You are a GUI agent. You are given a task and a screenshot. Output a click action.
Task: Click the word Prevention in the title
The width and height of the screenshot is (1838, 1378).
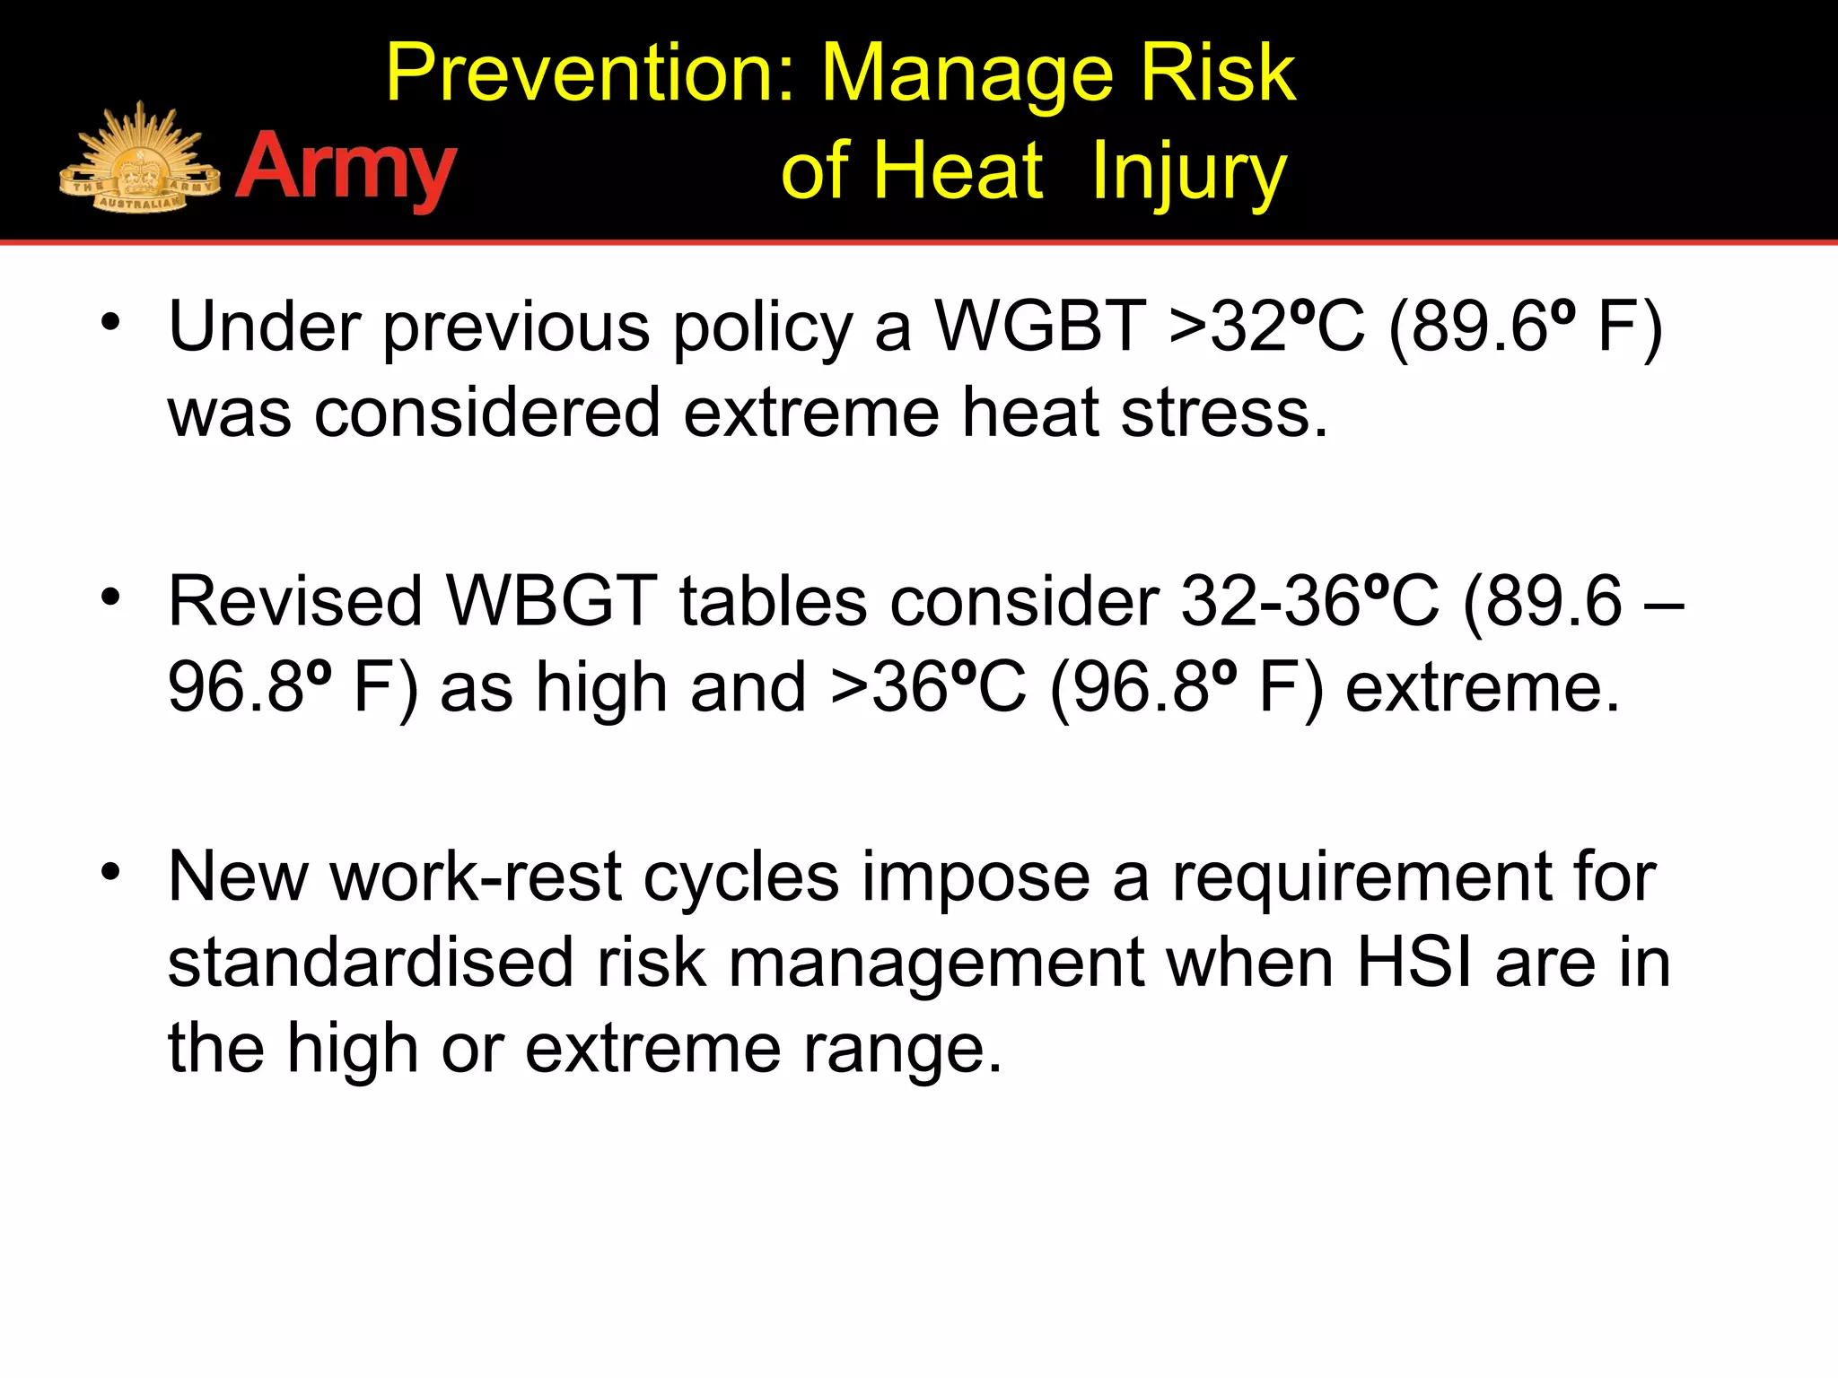591,74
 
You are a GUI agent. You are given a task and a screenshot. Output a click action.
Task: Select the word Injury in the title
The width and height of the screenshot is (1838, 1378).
1189,172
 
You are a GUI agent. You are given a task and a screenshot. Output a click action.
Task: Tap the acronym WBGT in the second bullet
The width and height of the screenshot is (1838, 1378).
551,600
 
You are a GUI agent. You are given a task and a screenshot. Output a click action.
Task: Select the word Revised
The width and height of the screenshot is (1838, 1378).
294,600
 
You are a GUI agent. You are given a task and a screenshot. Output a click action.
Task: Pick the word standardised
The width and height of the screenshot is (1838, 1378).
370,963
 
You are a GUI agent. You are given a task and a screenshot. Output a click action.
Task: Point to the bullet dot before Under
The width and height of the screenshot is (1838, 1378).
110,323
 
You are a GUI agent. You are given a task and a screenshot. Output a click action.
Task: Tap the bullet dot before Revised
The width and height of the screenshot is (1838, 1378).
110,597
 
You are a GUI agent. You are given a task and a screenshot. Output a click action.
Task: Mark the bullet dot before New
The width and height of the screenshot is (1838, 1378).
110,873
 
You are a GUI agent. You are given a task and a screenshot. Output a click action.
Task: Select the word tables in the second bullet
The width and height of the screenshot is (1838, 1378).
773,600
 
